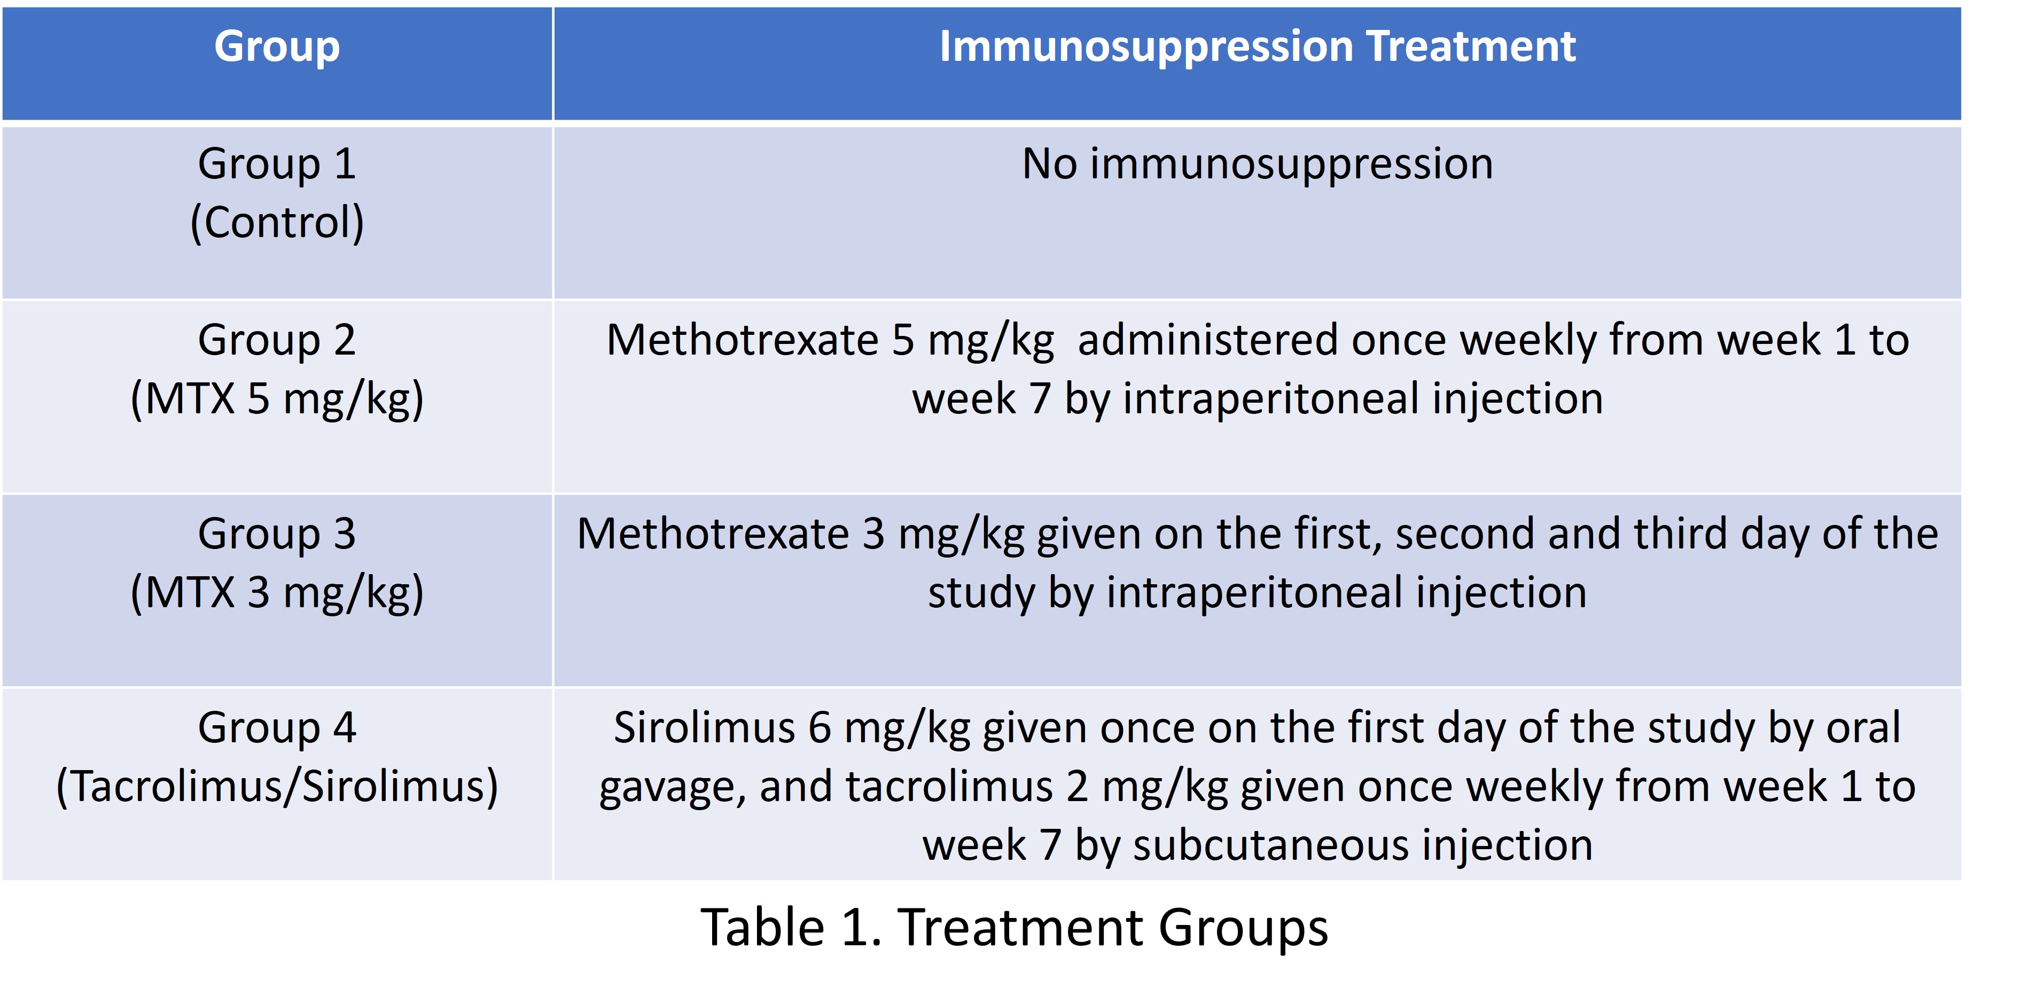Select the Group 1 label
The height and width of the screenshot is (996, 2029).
point(277,164)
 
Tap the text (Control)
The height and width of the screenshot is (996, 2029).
point(277,223)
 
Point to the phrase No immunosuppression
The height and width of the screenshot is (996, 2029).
point(1257,164)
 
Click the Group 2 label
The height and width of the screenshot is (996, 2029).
point(277,341)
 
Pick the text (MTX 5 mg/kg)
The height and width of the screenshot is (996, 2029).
point(277,398)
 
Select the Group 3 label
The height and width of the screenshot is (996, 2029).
point(277,535)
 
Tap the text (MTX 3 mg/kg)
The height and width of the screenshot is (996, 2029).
point(277,592)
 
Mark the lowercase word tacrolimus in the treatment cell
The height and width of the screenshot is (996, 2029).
point(949,787)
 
